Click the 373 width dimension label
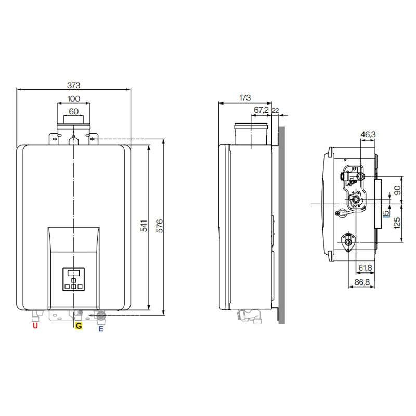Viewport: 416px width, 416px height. (x=73, y=85)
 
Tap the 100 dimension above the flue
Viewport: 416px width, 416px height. (x=73, y=99)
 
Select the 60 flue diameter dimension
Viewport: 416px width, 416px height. (x=73, y=111)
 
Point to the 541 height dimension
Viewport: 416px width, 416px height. (x=144, y=226)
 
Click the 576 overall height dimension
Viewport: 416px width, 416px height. (x=159, y=226)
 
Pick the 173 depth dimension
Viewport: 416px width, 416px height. (x=244, y=98)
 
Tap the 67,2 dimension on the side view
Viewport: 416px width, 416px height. (x=261, y=110)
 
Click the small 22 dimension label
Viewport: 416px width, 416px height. (x=276, y=110)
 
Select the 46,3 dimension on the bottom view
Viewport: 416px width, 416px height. (x=368, y=135)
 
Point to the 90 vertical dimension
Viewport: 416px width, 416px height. (x=397, y=190)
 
